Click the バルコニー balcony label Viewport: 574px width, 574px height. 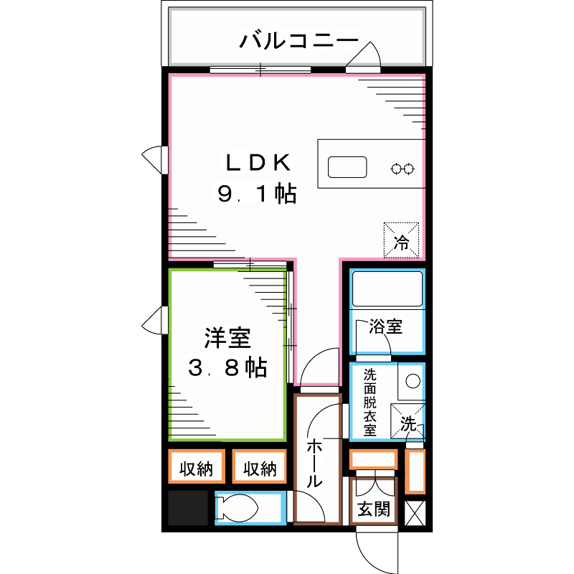tap(298, 39)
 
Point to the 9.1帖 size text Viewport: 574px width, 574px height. tap(257, 194)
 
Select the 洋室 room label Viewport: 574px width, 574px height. tap(227, 336)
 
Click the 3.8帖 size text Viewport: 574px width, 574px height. tap(227, 369)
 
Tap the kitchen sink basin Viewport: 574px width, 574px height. tap(348, 167)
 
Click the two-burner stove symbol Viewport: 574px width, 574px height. tap(402, 169)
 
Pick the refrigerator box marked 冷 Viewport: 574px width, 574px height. tap(402, 239)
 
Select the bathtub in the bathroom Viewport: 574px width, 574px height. tap(387, 289)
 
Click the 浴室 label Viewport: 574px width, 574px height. tap(386, 327)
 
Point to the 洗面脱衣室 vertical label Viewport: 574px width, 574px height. tap(370, 403)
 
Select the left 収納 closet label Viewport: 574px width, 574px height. tap(197, 469)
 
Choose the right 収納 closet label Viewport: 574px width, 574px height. tap(259, 469)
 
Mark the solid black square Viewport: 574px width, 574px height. tap(187, 509)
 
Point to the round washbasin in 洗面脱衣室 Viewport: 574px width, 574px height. tap(414, 381)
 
